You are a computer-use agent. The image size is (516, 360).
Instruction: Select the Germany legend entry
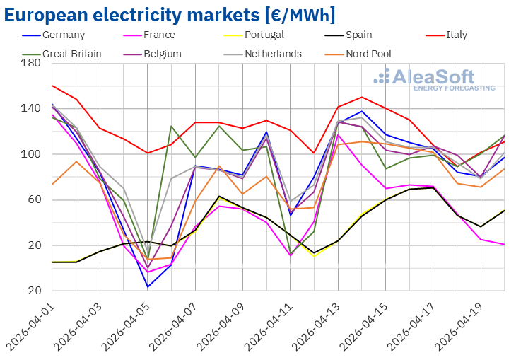tap(63, 35)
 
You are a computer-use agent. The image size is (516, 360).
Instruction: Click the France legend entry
tap(158, 35)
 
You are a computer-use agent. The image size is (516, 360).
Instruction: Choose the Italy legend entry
tap(456, 35)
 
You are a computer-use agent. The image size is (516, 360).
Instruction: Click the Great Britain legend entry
tap(71, 53)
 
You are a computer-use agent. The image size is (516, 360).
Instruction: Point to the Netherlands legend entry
tap(273, 53)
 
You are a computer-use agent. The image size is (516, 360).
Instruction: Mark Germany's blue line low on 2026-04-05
tap(148, 287)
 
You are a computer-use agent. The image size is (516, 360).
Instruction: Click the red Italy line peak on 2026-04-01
tap(52, 86)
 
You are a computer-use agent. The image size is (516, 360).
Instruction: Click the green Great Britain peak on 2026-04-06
tap(172, 127)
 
